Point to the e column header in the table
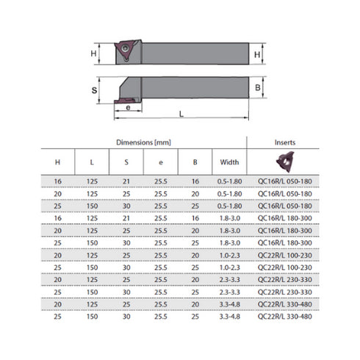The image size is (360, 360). tap(156, 162)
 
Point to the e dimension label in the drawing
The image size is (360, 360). tap(128, 108)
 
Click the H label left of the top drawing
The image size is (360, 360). tap(93, 54)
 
